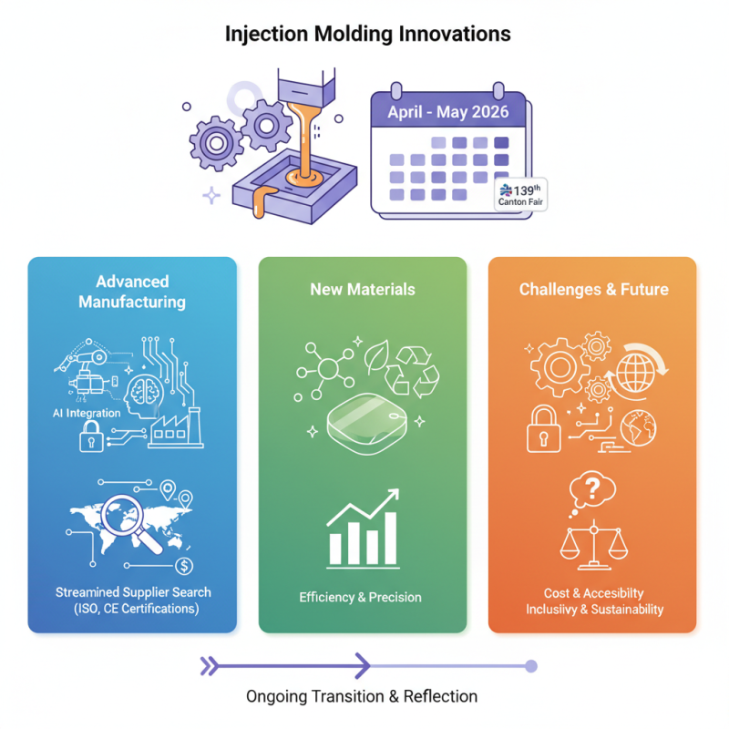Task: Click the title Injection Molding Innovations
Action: [367, 35]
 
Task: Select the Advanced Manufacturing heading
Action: [132, 292]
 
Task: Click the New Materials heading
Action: [363, 290]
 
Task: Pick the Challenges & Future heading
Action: [593, 290]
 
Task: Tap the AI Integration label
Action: [87, 413]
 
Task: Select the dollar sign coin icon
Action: [185, 566]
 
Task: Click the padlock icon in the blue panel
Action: [90, 440]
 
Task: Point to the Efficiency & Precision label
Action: [360, 598]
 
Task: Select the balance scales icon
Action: [591, 545]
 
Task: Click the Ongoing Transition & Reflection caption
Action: [362, 696]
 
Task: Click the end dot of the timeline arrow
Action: [531, 666]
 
